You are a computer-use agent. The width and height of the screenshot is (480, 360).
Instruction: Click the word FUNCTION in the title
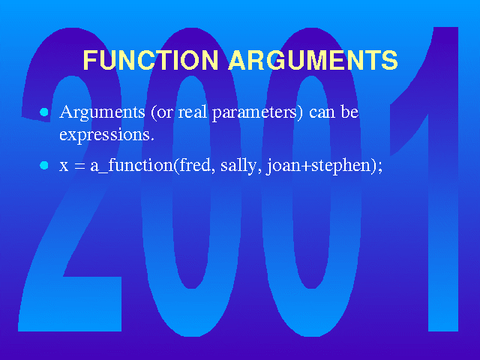coord(151,60)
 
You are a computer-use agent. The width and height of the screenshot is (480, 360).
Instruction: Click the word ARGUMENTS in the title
coord(313,60)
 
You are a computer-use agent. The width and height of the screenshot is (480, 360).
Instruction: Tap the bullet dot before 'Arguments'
coord(44,112)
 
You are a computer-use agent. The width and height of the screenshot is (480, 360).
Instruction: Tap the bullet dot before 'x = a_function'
coord(44,166)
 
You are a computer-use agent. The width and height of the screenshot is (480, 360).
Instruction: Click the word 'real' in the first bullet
coord(193,112)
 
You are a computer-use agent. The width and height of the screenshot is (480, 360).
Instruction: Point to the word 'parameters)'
coord(257,113)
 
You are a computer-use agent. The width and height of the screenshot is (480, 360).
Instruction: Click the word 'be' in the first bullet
coord(349,112)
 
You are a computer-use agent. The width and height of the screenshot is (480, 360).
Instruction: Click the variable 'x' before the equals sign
coord(64,167)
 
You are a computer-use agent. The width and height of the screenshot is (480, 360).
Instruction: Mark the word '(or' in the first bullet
coord(162,112)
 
